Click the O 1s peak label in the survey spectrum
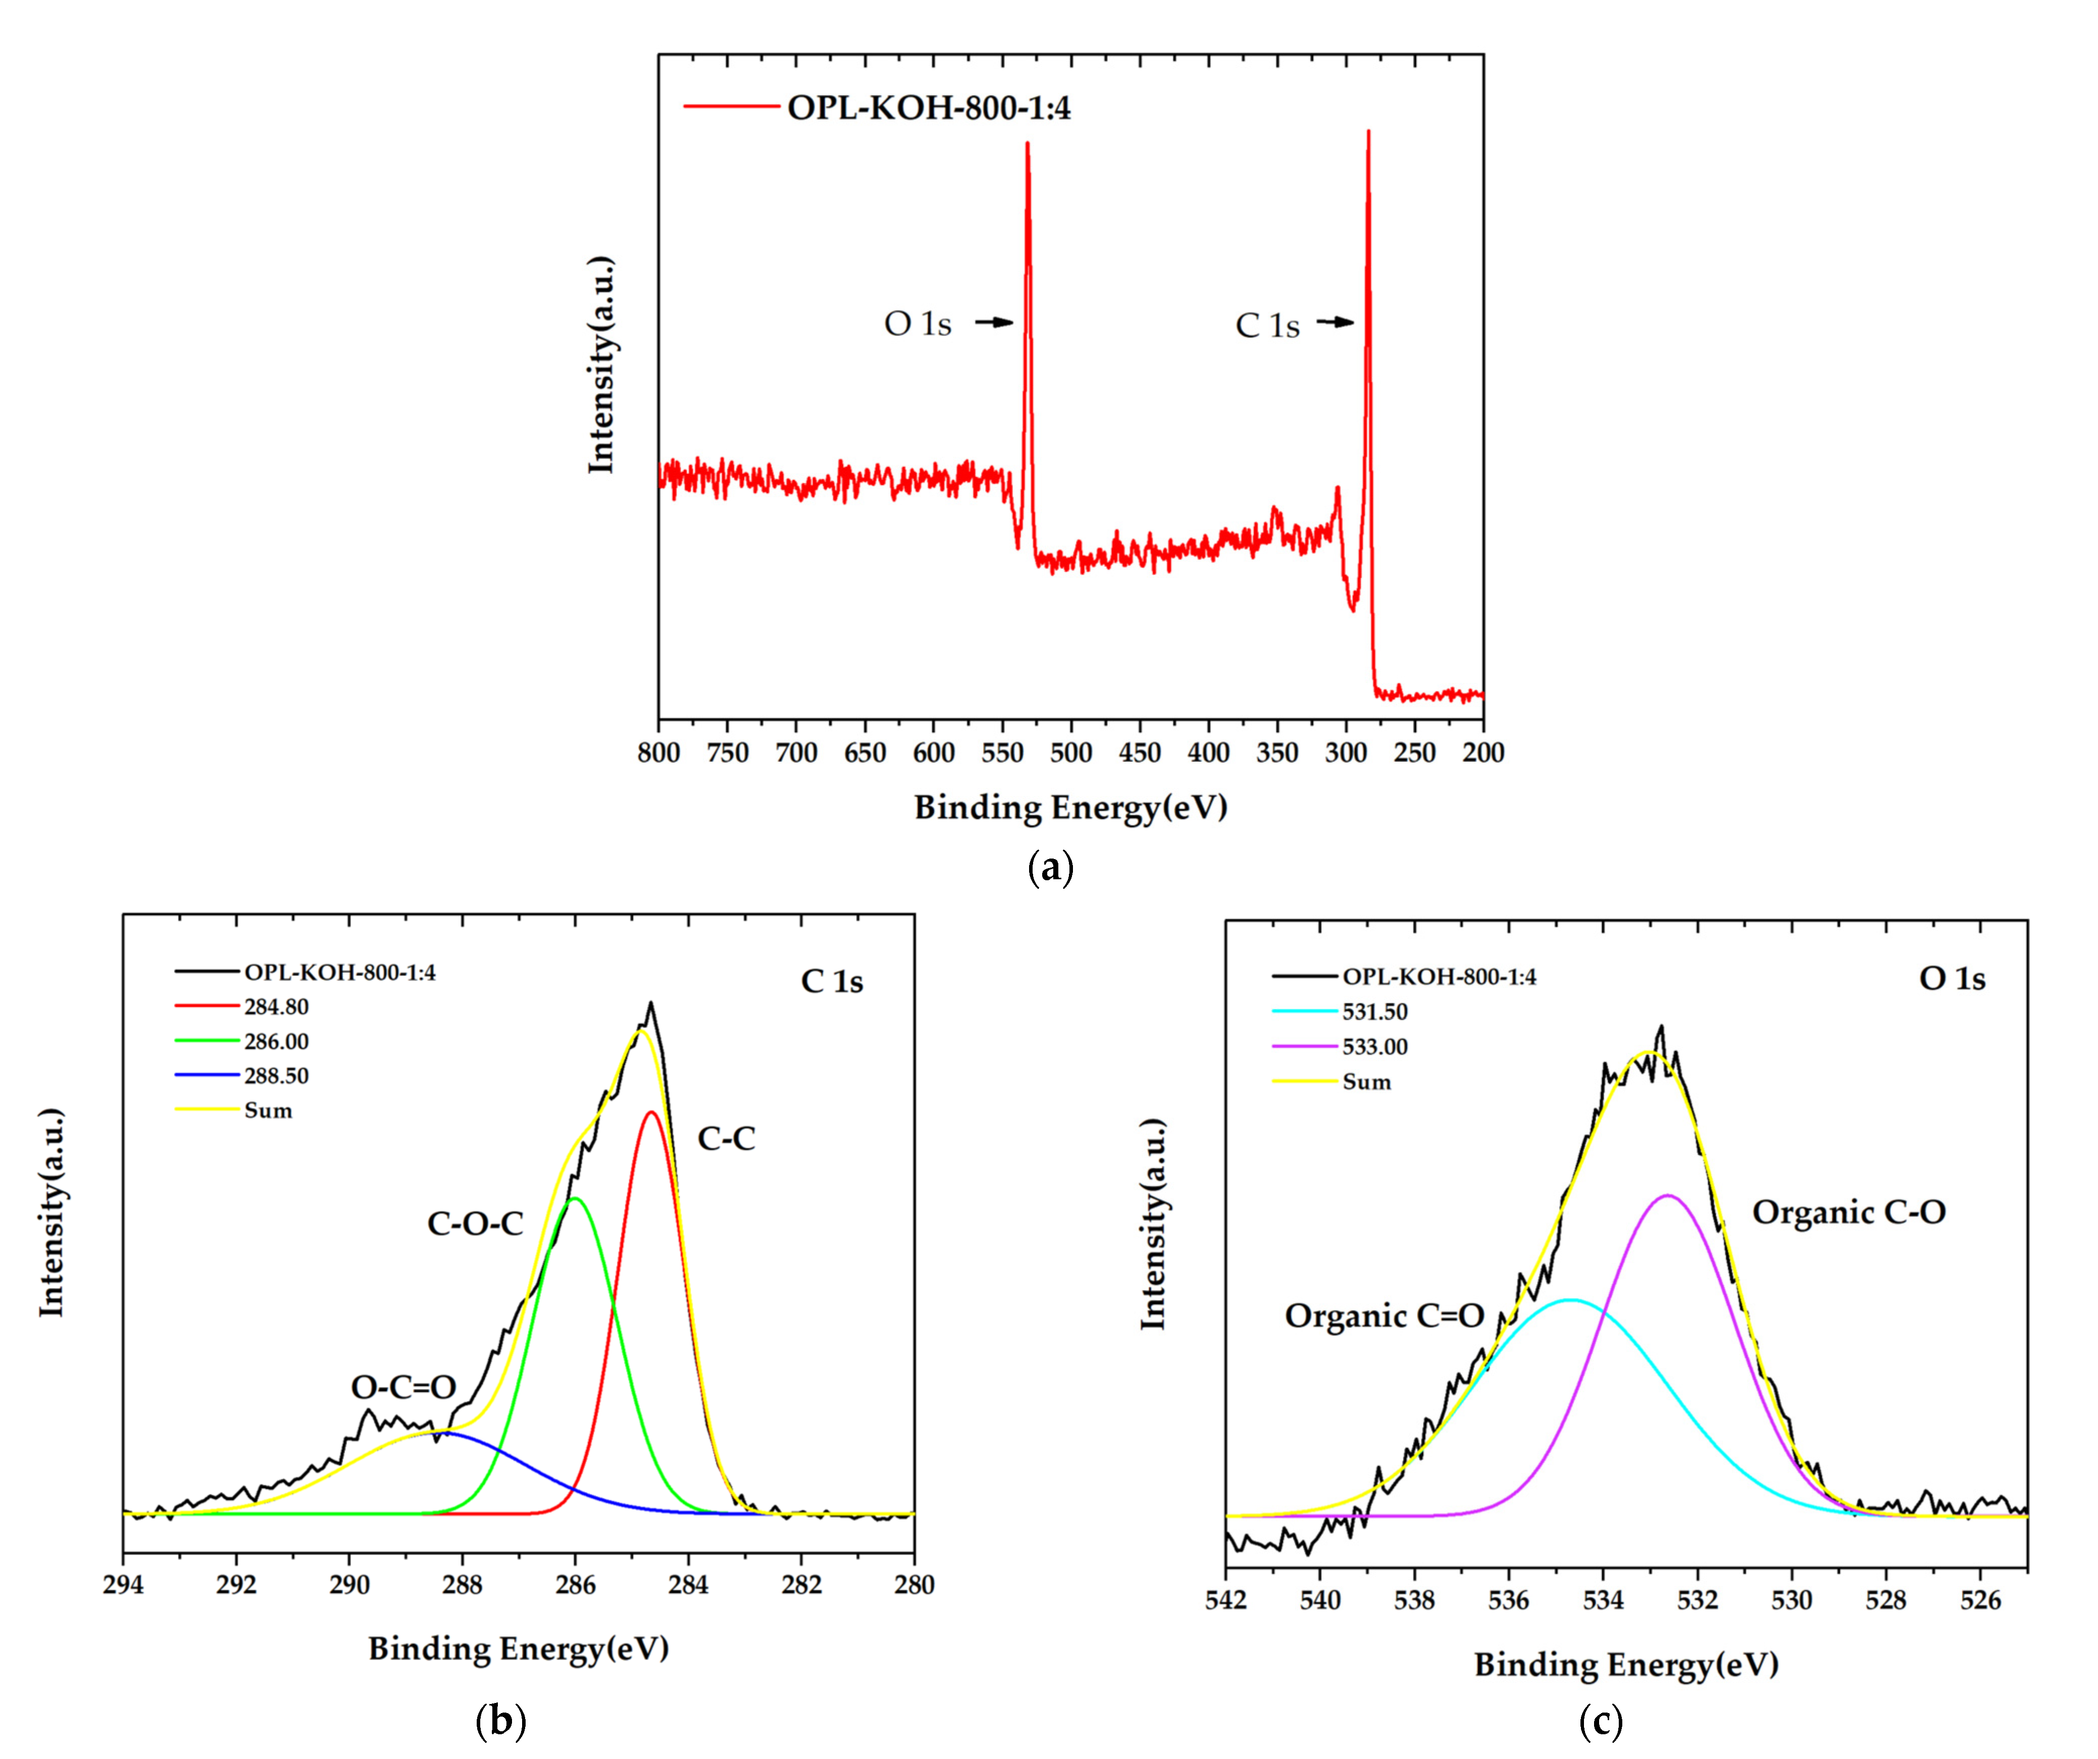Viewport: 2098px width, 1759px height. (917, 324)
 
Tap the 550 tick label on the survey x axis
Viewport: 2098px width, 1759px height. (1002, 753)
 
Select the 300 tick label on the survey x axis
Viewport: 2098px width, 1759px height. (1346, 753)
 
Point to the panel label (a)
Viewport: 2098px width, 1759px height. (1050, 867)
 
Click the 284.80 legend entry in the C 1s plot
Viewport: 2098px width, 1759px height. (276, 1006)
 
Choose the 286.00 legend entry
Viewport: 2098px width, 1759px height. (276, 1041)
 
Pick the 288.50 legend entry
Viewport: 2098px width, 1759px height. (276, 1076)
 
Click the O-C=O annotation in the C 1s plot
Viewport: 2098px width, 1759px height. (404, 1387)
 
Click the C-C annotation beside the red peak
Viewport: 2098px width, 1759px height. (726, 1138)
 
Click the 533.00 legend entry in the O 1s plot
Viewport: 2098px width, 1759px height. (1375, 1046)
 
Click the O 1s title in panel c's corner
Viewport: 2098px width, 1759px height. (1951, 979)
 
